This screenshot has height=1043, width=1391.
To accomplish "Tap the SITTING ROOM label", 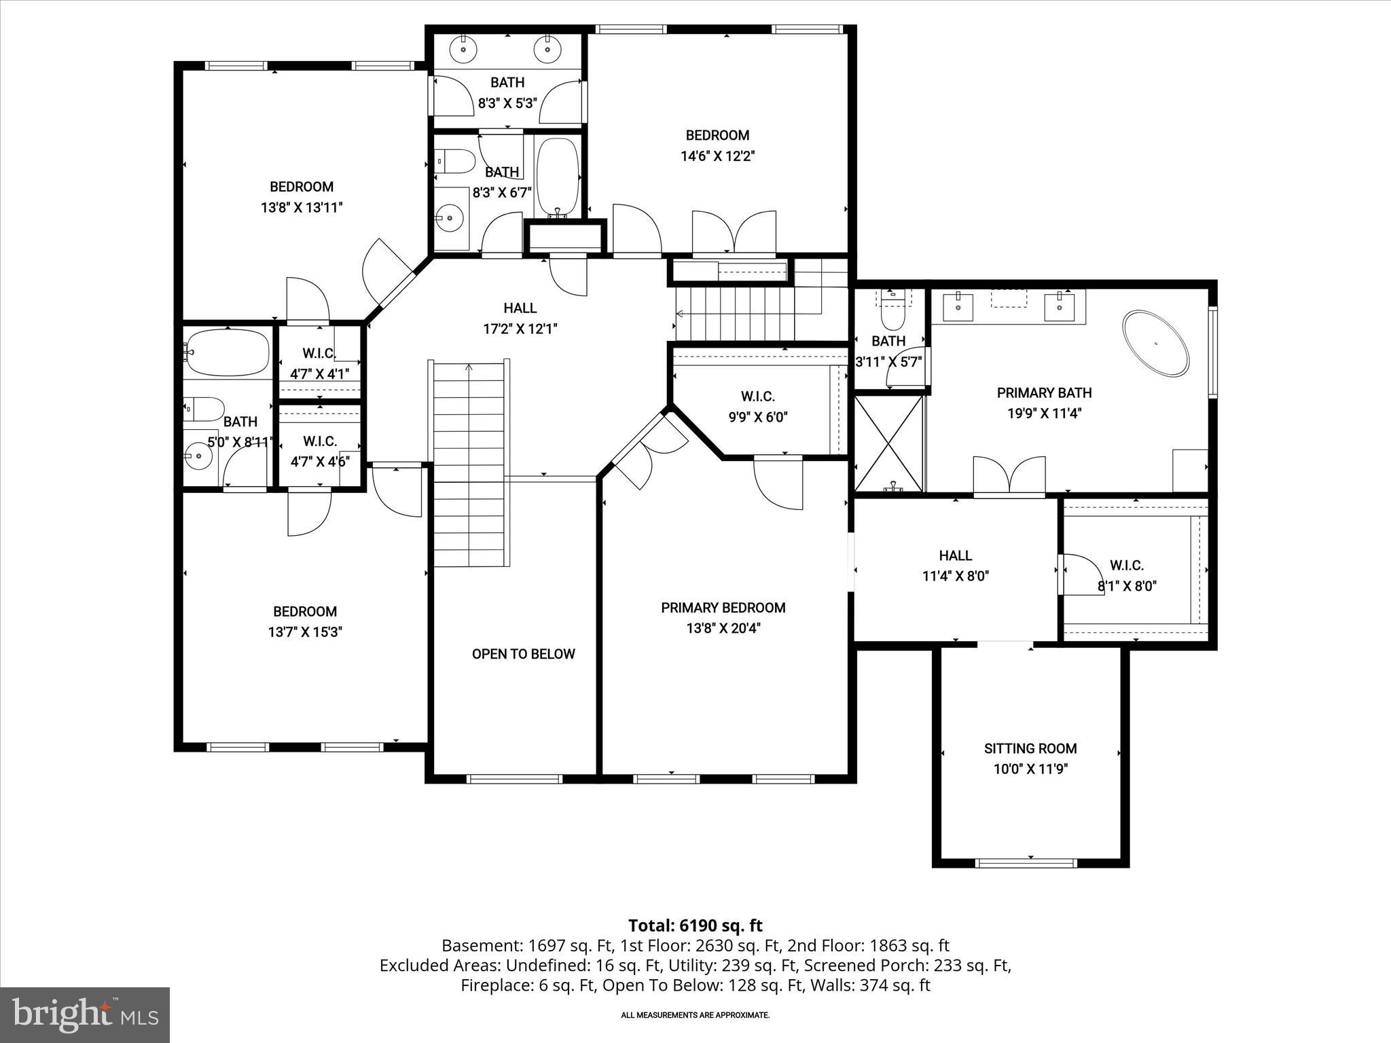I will pyautogui.click(x=1030, y=748).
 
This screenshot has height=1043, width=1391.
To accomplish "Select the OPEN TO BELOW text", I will pyautogui.click(x=523, y=654).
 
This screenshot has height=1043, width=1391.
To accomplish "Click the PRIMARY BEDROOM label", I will pyautogui.click(x=723, y=608).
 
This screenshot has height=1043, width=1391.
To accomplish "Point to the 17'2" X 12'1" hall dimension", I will pyautogui.click(x=520, y=329).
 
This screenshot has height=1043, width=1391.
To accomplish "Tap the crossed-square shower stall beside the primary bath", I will pyautogui.click(x=888, y=443).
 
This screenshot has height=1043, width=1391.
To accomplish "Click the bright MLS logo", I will pyautogui.click(x=85, y=1014).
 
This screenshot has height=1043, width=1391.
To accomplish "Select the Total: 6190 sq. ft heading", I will pyautogui.click(x=695, y=926).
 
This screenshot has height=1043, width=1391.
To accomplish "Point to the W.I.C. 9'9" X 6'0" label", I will pyautogui.click(x=757, y=406).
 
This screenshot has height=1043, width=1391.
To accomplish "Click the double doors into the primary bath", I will pyautogui.click(x=1009, y=475).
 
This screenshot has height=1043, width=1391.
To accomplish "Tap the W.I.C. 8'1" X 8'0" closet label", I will pyautogui.click(x=1127, y=575).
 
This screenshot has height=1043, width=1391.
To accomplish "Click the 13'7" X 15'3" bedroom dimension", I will pyautogui.click(x=305, y=632).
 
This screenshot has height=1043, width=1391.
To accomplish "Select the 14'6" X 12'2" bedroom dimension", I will pyautogui.click(x=718, y=156).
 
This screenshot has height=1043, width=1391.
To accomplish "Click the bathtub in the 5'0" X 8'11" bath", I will pyautogui.click(x=228, y=352).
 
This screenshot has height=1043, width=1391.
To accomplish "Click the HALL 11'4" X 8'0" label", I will pyautogui.click(x=955, y=566).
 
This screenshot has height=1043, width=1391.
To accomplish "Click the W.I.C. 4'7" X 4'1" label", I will pyautogui.click(x=319, y=363).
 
